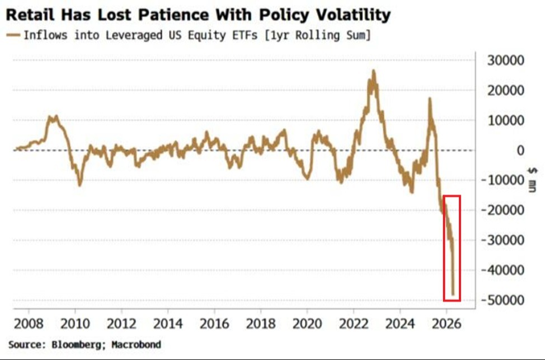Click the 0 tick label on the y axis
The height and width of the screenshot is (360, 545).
(520, 150)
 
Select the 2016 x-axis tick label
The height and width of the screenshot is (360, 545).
(214, 324)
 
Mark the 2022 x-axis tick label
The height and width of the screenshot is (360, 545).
(353, 324)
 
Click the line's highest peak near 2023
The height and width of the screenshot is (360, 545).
(373, 71)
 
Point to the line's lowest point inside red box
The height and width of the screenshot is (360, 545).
(453, 293)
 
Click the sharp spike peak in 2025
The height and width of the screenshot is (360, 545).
(430, 99)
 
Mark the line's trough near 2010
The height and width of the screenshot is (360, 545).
(79, 184)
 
